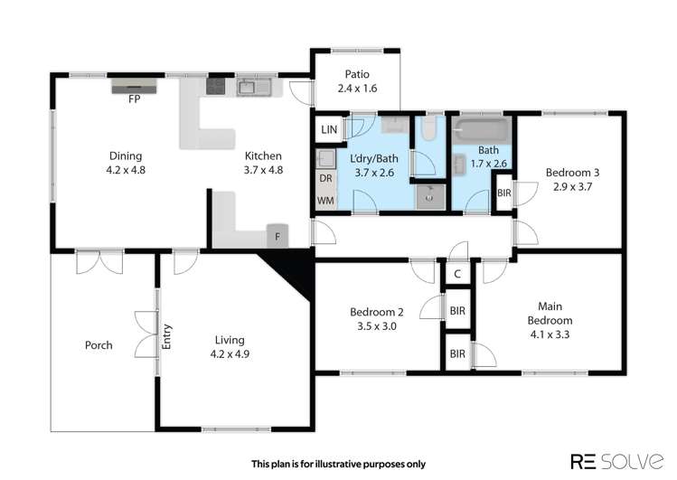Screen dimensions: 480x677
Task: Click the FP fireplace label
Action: (x=134, y=99)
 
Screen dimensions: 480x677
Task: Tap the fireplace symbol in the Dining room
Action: (x=134, y=86)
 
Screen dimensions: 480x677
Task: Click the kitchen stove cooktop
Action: (x=216, y=87)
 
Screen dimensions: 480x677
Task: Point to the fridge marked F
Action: (x=277, y=236)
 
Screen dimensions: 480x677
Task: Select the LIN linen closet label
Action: (x=328, y=130)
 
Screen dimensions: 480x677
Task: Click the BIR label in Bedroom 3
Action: (x=503, y=193)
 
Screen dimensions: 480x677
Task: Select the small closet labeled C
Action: (x=457, y=274)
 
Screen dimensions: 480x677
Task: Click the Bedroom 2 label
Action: (x=376, y=313)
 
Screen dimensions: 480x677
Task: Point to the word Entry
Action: (x=167, y=335)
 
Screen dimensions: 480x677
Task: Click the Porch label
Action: (x=99, y=345)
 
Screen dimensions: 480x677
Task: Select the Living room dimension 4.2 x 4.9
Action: (x=230, y=354)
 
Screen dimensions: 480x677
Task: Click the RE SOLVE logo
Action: (x=611, y=461)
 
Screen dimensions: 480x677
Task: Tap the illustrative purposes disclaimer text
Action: (x=338, y=464)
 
